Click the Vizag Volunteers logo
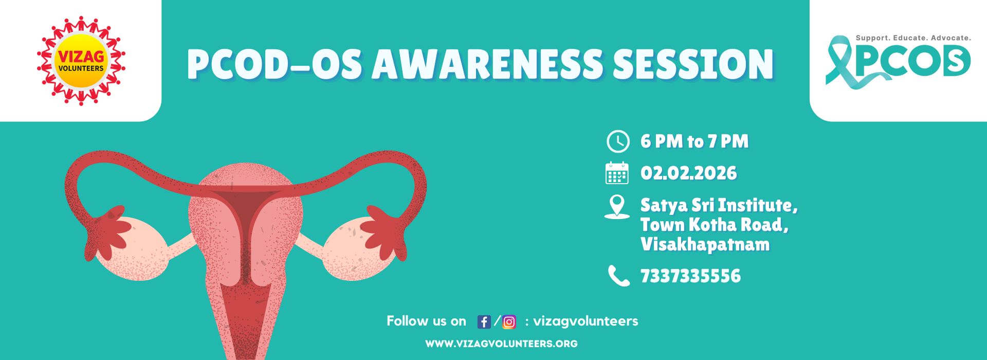(81, 61)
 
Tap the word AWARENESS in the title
(487, 65)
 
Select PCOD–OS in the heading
(274, 65)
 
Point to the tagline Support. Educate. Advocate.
(913, 38)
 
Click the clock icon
(617, 141)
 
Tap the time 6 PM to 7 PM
(694, 141)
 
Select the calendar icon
(617, 173)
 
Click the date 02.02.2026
(688, 173)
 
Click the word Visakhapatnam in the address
(705, 244)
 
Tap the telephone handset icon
(618, 276)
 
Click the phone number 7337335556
(690, 276)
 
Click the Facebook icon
(484, 322)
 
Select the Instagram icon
(509, 322)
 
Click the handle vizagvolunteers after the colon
(586, 321)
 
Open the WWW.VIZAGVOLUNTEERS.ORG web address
(501, 344)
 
